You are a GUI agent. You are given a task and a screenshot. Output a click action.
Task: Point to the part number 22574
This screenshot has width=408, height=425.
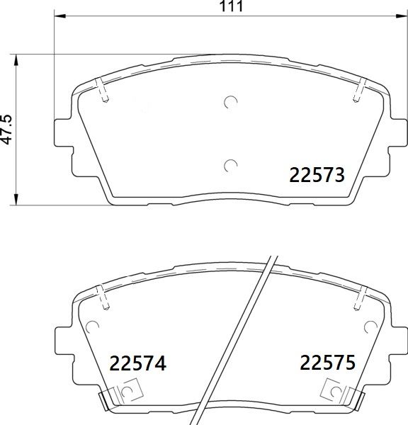pos(138,364)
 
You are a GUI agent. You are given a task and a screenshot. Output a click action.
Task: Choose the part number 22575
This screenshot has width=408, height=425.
pos(327,364)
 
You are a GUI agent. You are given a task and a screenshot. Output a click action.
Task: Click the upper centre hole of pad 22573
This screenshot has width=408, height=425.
pos(229,103)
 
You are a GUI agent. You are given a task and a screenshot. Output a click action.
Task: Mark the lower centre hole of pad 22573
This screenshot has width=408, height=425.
pos(229,166)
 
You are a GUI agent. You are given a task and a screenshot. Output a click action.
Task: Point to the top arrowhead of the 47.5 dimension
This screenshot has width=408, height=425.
pos(16,58)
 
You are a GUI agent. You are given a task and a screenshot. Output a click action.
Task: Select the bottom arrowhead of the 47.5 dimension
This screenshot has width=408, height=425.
pos(16,196)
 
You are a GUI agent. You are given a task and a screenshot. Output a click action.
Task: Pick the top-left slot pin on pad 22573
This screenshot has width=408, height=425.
pos(103,93)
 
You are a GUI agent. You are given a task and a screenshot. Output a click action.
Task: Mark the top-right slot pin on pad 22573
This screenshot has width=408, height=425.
pos(357,91)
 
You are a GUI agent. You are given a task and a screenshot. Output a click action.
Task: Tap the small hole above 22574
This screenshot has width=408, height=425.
pos(91,327)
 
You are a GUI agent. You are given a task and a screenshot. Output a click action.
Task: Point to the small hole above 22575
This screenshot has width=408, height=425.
pos(368,327)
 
